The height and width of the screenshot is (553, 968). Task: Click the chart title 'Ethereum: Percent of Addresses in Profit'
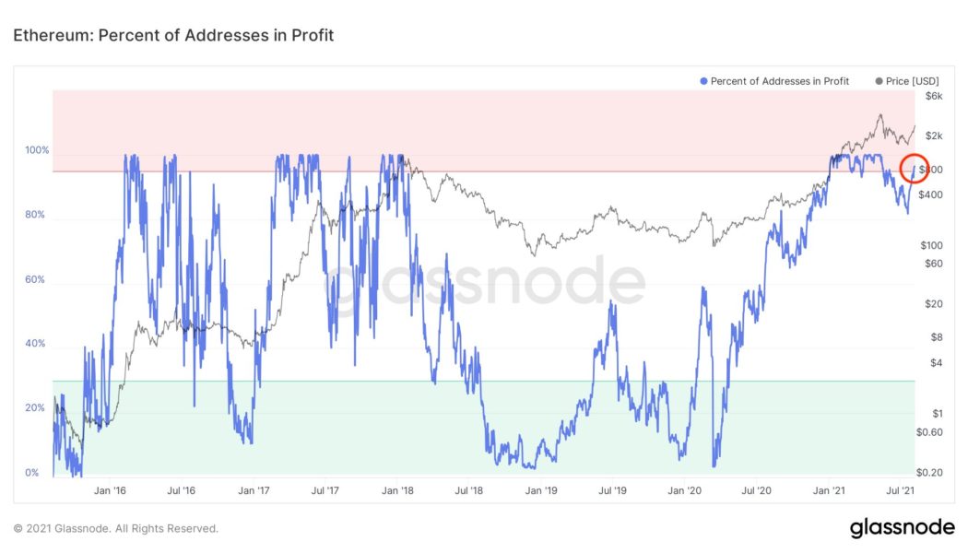click(172, 36)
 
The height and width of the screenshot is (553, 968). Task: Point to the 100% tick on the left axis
click(38, 150)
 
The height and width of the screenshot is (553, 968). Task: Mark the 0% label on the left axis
click(31, 473)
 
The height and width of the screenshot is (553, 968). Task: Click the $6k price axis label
click(934, 96)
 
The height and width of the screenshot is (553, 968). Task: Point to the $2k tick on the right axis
click(934, 136)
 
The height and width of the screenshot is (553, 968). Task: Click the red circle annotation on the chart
click(914, 169)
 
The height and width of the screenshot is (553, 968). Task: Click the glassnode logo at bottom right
click(902, 528)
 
